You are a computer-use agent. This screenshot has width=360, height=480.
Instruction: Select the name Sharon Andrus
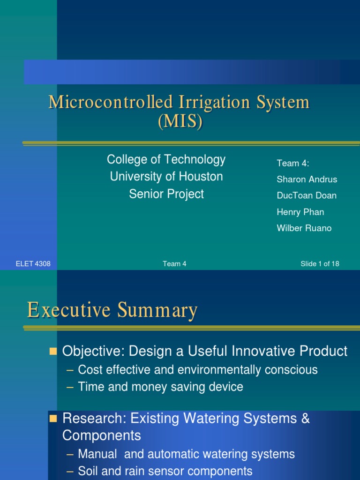click(x=307, y=180)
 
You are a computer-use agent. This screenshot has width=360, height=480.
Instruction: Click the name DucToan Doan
click(x=307, y=196)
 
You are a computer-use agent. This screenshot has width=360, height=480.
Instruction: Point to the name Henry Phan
click(x=300, y=212)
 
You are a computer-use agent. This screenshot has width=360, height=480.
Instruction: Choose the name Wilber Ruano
click(x=304, y=228)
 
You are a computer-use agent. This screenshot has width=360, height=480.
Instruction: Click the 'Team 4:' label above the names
click(x=293, y=163)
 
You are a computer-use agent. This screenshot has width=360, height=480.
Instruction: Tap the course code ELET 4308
click(x=33, y=264)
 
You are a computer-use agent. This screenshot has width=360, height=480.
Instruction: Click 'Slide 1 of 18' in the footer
click(x=320, y=264)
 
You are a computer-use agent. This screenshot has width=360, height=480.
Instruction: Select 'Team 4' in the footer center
click(x=174, y=264)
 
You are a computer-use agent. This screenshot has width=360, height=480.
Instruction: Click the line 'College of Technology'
click(x=166, y=160)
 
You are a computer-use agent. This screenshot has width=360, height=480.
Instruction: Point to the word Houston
click(x=202, y=177)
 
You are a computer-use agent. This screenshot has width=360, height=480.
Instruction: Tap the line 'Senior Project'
click(x=166, y=194)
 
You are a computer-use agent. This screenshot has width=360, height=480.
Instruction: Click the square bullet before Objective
click(x=53, y=351)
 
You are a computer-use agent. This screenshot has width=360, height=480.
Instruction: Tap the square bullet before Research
click(x=53, y=418)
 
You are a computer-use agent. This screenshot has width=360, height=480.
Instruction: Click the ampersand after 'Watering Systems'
click(x=305, y=419)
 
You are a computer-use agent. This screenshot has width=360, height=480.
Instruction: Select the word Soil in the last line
click(x=88, y=471)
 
